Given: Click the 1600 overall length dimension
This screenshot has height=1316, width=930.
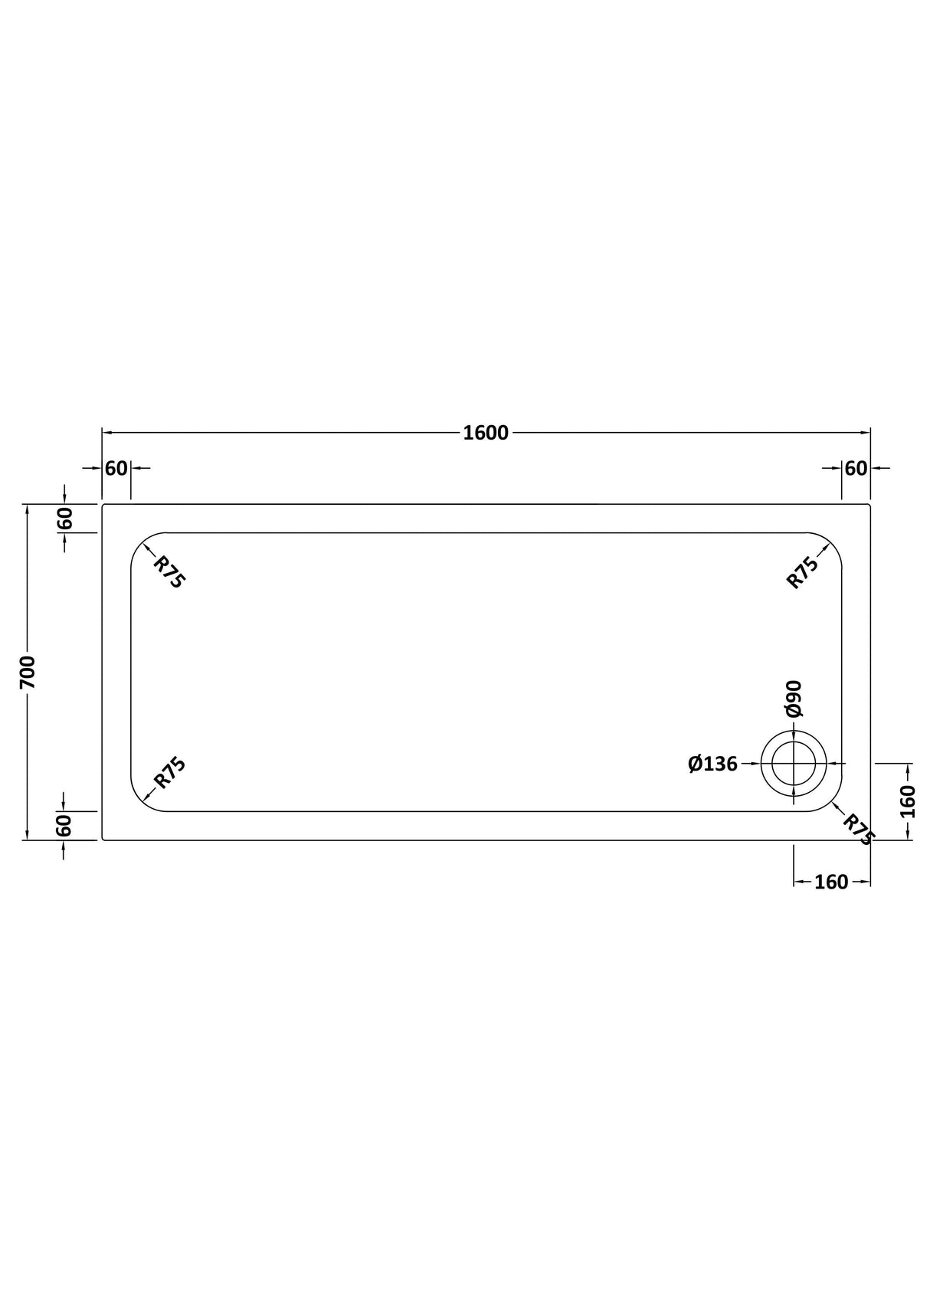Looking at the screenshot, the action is pyautogui.click(x=486, y=433).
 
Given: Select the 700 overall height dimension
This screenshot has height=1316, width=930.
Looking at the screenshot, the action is pyautogui.click(x=28, y=672).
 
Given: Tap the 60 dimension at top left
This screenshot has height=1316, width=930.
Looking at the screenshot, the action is pyautogui.click(x=116, y=467).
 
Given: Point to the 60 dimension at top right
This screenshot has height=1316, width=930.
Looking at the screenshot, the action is pyautogui.click(x=856, y=467).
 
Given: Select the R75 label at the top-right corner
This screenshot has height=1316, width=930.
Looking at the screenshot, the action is pyautogui.click(x=803, y=571).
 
